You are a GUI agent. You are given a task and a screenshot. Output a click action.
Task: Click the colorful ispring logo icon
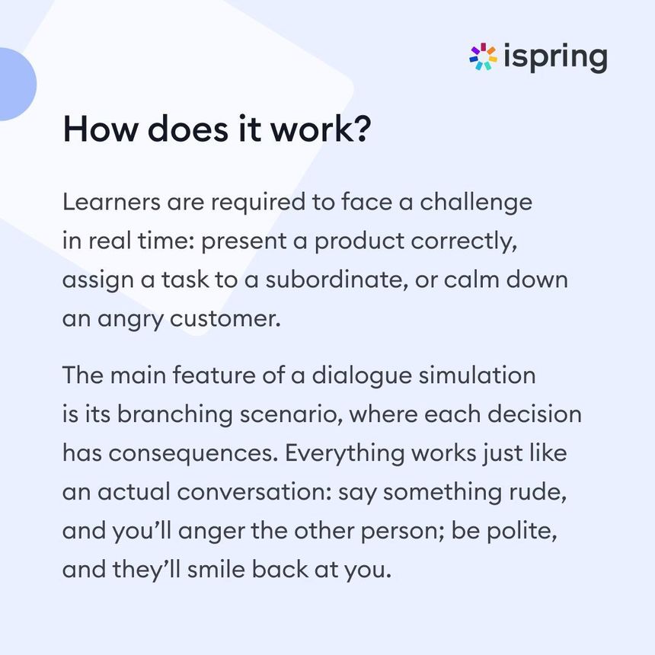[483, 58]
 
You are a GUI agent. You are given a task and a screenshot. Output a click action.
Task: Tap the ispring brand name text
[555, 58]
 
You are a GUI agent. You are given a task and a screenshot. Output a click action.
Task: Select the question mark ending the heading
[363, 129]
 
